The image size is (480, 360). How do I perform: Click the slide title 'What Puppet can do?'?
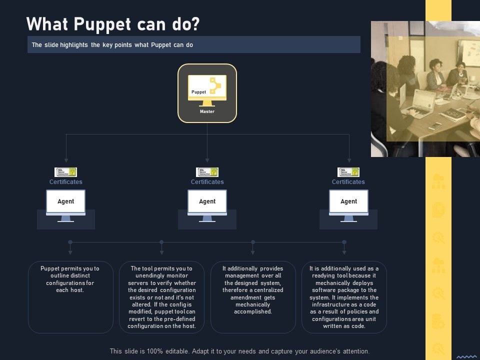click(x=113, y=24)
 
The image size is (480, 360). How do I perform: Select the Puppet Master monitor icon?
click(x=207, y=89)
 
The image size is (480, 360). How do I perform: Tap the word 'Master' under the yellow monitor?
click(x=207, y=111)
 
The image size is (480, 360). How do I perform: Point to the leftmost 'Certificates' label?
click(x=65, y=182)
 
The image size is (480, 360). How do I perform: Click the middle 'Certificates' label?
click(x=207, y=182)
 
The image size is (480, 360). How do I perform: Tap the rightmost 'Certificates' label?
click(x=348, y=182)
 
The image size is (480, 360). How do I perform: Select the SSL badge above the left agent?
click(x=65, y=172)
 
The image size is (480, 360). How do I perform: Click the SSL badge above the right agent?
click(x=348, y=172)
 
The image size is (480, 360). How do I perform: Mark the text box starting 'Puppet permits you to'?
click(x=70, y=296)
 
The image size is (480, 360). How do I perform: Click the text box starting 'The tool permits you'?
click(x=161, y=296)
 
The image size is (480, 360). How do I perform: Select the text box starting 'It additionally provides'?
click(x=253, y=296)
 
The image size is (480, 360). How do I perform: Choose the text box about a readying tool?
click(x=344, y=296)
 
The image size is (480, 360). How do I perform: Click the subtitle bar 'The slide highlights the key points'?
click(x=193, y=45)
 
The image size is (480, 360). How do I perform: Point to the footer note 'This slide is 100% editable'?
click(x=239, y=351)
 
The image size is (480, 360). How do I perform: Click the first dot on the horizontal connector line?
click(x=70, y=242)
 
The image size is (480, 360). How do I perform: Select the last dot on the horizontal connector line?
click(x=344, y=242)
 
